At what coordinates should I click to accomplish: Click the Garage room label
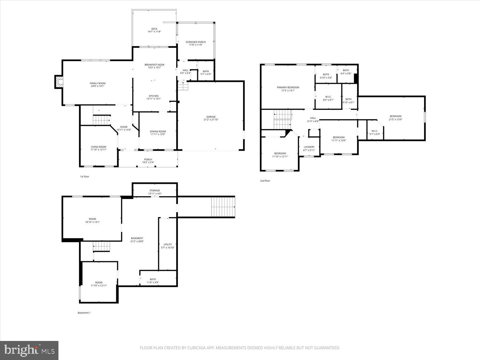pos(211,117)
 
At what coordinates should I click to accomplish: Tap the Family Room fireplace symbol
pos(59,82)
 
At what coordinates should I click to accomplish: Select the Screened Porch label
pos(196,42)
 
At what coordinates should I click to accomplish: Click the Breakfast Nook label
pos(154,65)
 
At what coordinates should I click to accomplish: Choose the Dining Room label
pos(158,132)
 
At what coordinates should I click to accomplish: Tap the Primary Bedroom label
pos(288,87)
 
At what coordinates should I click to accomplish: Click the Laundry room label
pos(309,147)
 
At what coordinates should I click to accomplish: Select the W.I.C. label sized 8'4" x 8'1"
pos(328,97)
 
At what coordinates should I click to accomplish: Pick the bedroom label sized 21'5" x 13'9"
pos(395,116)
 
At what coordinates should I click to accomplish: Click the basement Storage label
pos(155,190)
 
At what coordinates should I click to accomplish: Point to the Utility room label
pos(168,244)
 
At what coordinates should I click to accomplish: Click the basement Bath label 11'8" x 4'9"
pos(153,279)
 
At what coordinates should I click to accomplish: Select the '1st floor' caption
pos(84,177)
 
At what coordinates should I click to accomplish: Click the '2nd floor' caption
pos(265,181)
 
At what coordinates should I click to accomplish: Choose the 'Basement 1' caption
pos(84,312)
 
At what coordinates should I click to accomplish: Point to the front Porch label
pos(148,160)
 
